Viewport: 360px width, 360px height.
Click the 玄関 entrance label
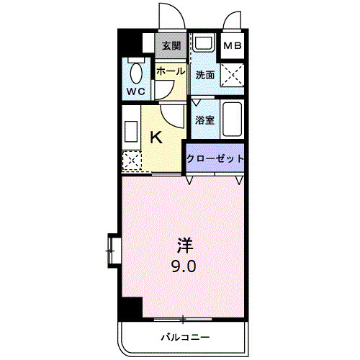[x=171, y=45]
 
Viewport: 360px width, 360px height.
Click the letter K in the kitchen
[x=155, y=136]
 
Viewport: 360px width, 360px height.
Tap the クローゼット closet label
[x=215, y=158]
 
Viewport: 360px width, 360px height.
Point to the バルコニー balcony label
[x=184, y=336]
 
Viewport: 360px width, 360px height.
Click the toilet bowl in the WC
[x=135, y=75]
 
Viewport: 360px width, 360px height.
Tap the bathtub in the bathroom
[x=233, y=121]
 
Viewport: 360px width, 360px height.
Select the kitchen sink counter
[x=132, y=132]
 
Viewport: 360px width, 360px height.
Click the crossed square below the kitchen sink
[x=131, y=161]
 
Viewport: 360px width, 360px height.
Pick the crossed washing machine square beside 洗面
[x=233, y=73]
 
